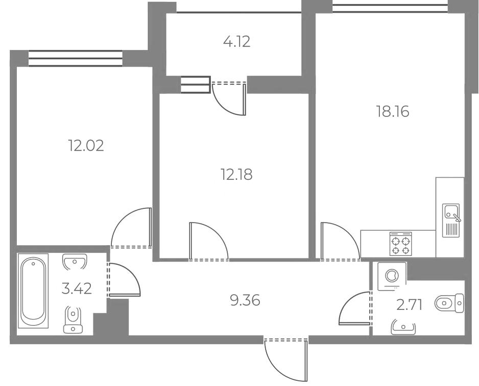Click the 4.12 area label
237,41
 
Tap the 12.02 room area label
86,146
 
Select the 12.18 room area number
236,175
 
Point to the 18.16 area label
393,111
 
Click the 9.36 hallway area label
245,300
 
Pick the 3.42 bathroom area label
77,288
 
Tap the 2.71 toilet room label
410,305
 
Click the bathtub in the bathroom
33,291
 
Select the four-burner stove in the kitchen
400,244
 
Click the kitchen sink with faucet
451,220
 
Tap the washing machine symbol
392,276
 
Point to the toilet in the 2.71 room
449,303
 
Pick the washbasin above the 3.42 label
75,262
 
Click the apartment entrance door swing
285,360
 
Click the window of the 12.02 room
76,58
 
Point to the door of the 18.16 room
340,241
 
